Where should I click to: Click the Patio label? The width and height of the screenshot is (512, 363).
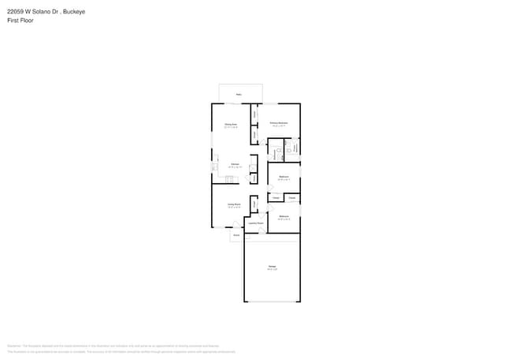click(239, 94)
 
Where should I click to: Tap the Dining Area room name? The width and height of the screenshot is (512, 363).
click(231, 124)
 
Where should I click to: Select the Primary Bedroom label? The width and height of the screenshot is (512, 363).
click(277, 123)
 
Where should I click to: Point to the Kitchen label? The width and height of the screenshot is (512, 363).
click(234, 164)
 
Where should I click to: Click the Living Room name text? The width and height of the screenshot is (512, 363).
click(234, 204)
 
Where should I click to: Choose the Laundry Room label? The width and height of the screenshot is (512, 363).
click(256, 223)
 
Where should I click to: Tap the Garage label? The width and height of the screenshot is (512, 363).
click(272, 267)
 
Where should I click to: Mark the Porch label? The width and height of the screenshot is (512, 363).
click(236, 235)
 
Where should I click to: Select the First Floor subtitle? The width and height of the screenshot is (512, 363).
click(20, 21)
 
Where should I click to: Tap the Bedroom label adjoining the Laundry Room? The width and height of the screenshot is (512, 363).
click(284, 215)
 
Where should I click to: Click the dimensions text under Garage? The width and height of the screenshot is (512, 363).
click(272, 270)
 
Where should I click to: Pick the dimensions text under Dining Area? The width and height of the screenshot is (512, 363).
click(231, 127)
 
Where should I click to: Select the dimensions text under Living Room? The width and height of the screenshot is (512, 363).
click(234, 208)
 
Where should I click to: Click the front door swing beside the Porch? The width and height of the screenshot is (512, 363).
click(235, 226)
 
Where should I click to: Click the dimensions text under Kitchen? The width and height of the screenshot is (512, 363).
click(234, 167)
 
